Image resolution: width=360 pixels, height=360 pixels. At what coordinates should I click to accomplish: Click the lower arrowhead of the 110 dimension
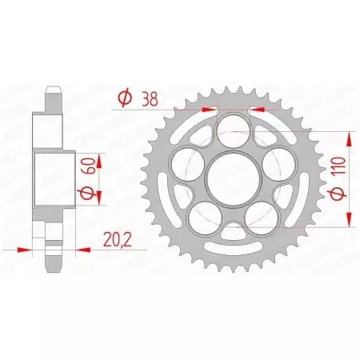coord(352,213)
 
